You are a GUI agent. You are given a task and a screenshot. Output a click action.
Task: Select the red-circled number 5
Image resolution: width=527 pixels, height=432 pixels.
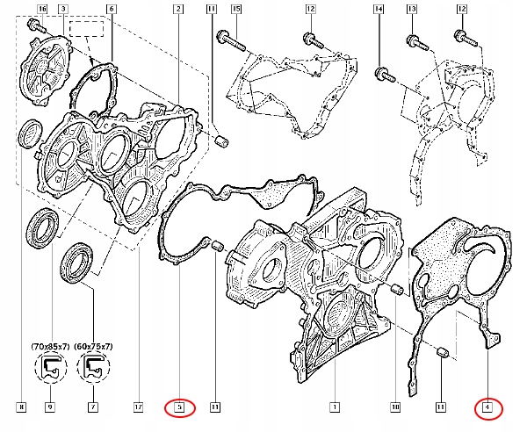[x=178, y=407]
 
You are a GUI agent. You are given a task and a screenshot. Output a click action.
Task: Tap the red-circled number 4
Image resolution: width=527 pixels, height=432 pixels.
[x=488, y=407]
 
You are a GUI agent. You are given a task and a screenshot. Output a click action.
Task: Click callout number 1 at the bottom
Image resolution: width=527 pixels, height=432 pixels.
[x=334, y=407]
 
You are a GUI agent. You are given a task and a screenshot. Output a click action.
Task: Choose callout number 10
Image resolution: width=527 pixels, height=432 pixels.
[x=395, y=407]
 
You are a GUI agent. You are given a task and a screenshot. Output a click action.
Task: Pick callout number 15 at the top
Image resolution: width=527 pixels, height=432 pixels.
[x=235, y=9]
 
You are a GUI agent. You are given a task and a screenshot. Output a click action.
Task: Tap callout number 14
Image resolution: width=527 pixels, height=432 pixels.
[x=379, y=9]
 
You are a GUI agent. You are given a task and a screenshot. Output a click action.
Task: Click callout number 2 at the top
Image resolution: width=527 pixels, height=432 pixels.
[x=178, y=9]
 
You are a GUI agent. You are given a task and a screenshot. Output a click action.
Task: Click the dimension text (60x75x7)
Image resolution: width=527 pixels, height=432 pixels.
[x=93, y=347]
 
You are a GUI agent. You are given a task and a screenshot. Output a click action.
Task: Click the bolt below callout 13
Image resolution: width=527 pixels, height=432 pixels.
[x=414, y=40]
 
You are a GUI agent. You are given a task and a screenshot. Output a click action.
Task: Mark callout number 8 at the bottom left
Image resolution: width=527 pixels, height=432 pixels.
[x=21, y=407]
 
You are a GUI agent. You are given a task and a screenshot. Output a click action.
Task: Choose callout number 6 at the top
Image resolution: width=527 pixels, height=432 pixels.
[x=111, y=9]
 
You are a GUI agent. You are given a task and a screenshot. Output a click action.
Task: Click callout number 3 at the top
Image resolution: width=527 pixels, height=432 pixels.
[x=63, y=9]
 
